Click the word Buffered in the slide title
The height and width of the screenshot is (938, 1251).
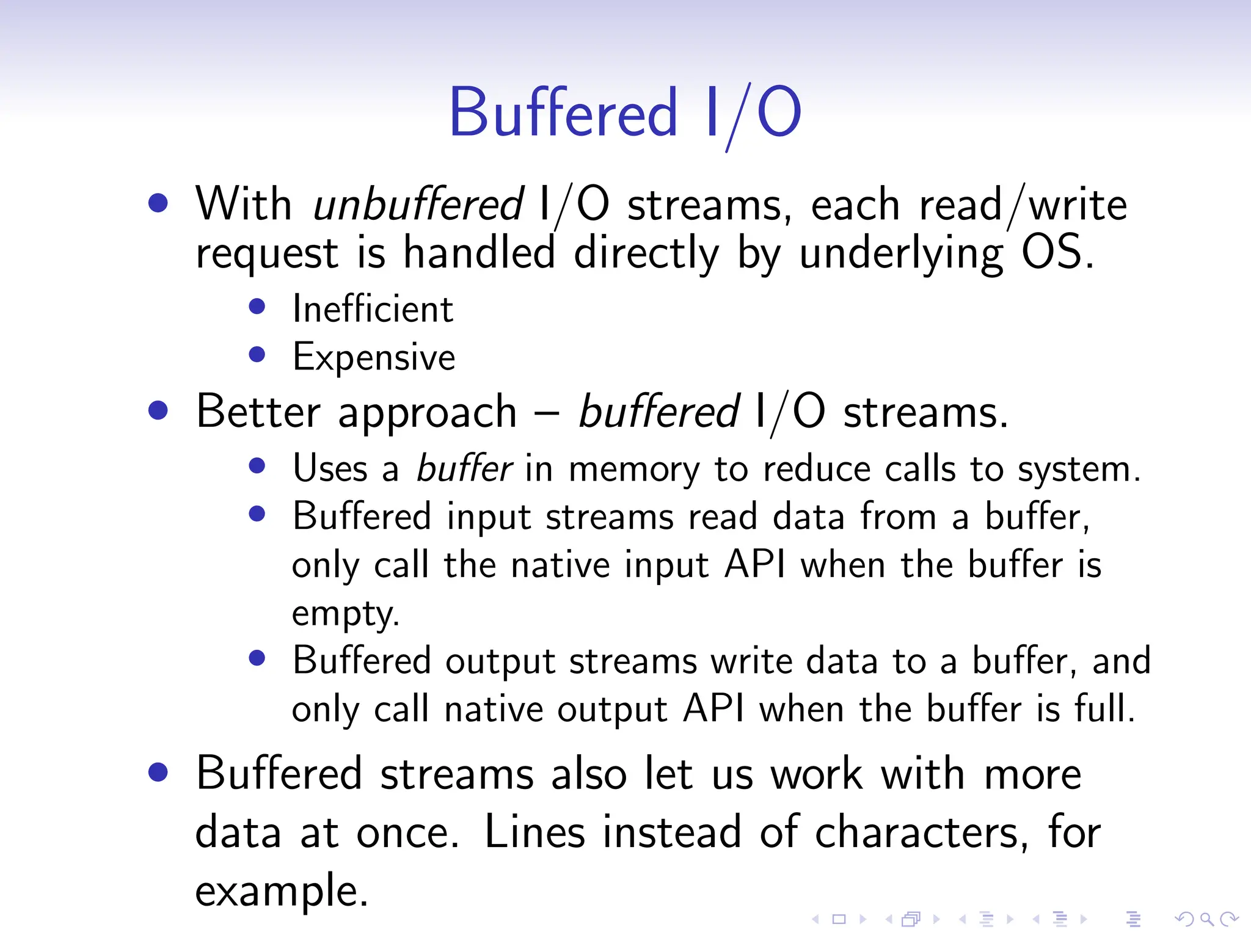coord(563,113)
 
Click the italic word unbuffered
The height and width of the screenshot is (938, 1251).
coord(418,205)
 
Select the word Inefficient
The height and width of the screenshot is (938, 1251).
coord(373,309)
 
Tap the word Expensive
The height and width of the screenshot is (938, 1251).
coord(374,357)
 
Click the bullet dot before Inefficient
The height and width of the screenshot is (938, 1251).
coord(257,306)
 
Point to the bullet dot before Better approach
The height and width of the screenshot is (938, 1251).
coord(158,410)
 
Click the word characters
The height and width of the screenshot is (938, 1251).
coord(916,833)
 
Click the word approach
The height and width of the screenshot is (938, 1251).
coord(427,413)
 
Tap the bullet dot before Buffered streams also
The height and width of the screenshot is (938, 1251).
coord(158,772)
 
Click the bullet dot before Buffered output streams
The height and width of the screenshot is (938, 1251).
coord(257,658)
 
